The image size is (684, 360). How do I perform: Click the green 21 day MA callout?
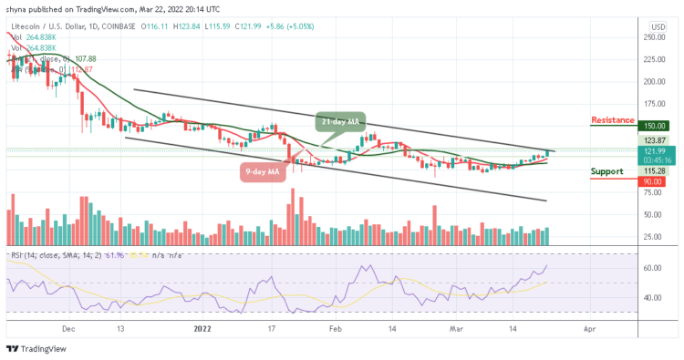(x=342, y=120)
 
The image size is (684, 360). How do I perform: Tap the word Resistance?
(x=613, y=120)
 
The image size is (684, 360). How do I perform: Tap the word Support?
(x=608, y=170)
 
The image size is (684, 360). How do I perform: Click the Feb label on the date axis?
(x=335, y=324)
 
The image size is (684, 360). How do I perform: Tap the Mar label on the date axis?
(x=458, y=324)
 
